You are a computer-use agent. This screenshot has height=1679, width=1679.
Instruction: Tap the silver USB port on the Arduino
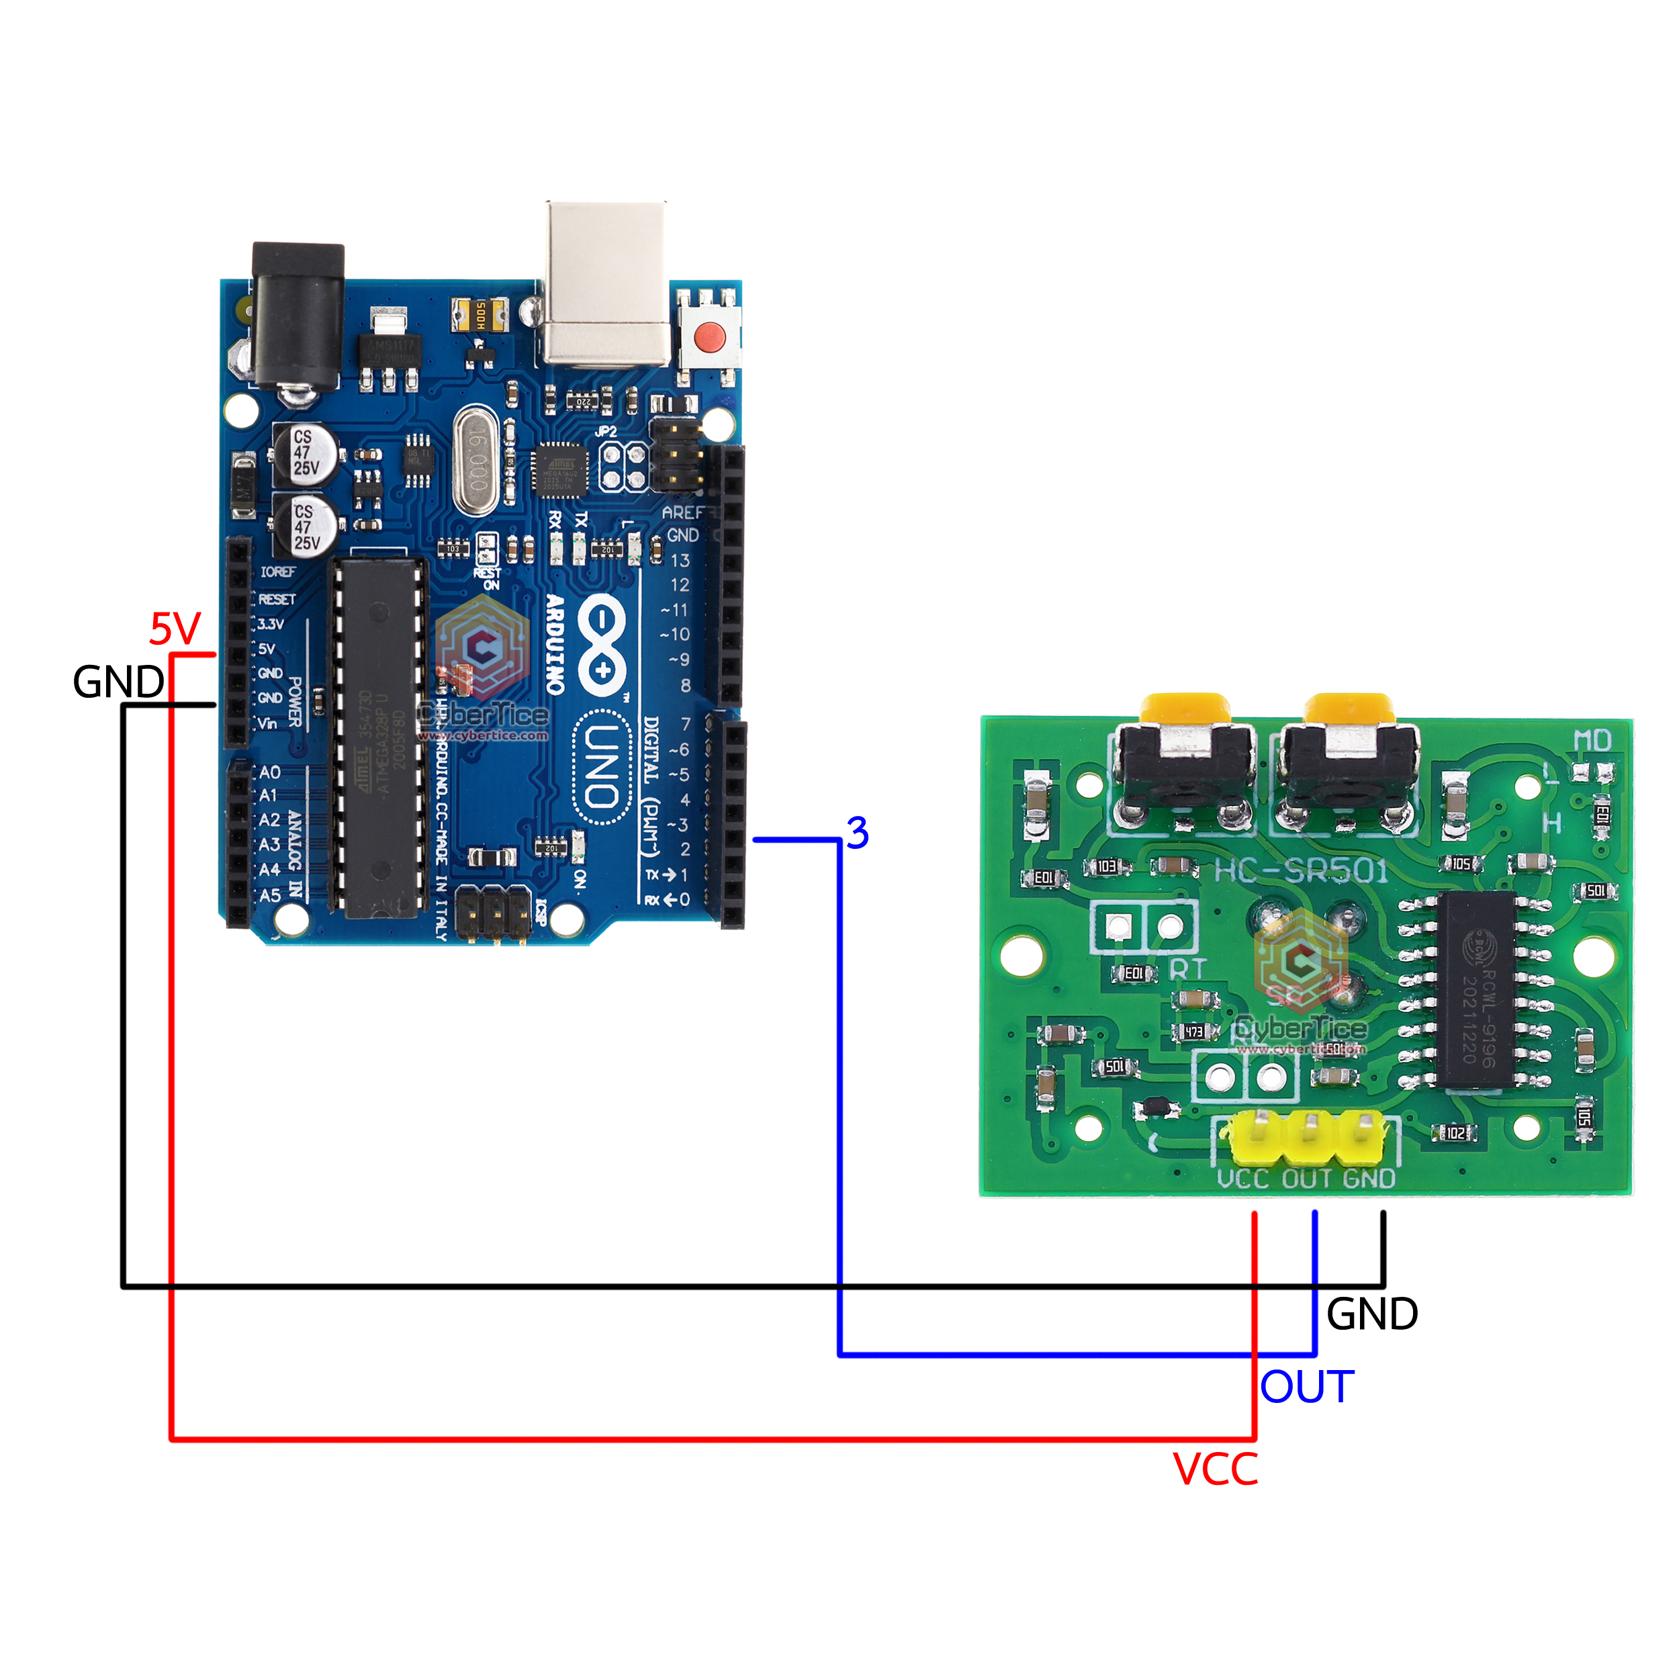[x=606, y=283]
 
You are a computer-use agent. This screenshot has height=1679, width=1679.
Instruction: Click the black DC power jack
[x=298, y=317]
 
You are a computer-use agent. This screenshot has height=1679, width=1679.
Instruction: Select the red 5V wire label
[x=175, y=629]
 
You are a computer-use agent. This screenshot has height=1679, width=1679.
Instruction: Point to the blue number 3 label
[x=857, y=833]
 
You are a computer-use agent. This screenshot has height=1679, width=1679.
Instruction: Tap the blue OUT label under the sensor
[x=1306, y=1387]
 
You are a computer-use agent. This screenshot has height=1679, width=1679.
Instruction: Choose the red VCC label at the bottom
[x=1215, y=1469]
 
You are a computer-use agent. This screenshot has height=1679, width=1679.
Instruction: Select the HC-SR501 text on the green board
[x=1301, y=870]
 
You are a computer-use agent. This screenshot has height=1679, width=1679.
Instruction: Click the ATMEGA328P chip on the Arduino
[x=379, y=739]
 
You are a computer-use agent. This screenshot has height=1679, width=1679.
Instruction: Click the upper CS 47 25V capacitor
[x=305, y=453]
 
